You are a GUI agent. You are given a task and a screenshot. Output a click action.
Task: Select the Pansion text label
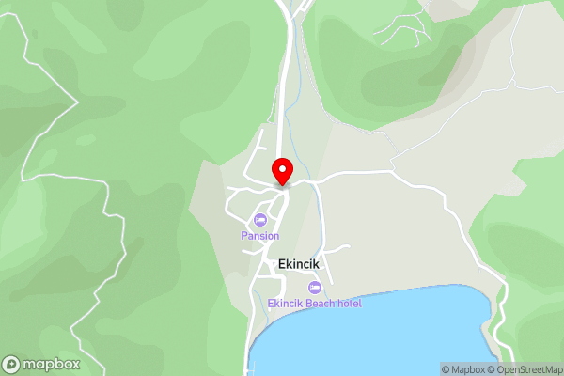pos(260,236)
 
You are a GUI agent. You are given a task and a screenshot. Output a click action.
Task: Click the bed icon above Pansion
pos(260,220)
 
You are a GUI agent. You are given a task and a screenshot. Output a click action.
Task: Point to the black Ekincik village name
pos(299,264)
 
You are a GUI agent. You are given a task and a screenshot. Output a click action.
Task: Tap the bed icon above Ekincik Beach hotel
pos(314,287)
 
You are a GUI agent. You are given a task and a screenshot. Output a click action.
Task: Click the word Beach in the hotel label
pos(321,304)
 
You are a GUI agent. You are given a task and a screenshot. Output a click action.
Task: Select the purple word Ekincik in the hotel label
pos(284,304)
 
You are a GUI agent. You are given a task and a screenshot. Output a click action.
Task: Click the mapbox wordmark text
pos(52,365)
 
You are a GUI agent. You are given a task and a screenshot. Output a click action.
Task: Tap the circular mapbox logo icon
pos(12,365)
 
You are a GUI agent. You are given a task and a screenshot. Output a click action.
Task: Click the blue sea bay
pos(376,338)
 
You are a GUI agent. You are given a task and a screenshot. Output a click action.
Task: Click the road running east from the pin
pos(357,174)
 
